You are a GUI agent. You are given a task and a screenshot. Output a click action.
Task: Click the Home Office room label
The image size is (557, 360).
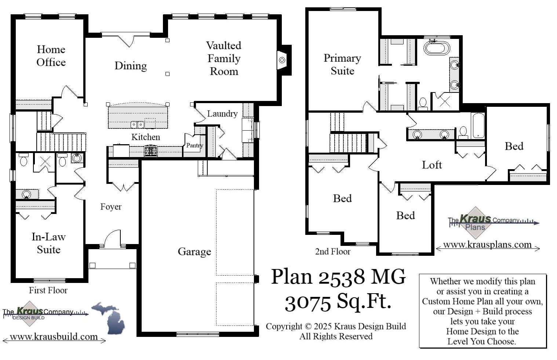click(51, 56)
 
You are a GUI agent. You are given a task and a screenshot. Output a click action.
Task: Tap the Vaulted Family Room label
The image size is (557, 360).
click(223, 58)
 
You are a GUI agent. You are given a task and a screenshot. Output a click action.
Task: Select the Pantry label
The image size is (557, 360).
click(194, 145)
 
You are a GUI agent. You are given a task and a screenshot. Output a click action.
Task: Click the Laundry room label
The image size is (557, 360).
click(222, 114)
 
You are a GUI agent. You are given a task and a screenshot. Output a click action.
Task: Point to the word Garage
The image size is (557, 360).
click(194, 252)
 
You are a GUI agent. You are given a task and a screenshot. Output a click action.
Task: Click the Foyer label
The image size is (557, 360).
click(111, 207)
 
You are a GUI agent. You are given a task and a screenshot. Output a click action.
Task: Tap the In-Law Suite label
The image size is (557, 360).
click(48, 243)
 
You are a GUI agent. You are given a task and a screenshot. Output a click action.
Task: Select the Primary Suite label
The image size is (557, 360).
click(342, 64)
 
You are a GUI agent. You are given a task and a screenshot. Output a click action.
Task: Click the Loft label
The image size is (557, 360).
click(432, 165)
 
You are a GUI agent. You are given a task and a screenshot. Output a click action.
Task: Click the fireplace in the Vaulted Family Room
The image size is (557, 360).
click(282, 60)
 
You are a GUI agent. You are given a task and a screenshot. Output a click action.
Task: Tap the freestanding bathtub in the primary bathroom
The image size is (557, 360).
click(436, 48)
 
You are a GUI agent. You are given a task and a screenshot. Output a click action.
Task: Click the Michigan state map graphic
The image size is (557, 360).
click(109, 318)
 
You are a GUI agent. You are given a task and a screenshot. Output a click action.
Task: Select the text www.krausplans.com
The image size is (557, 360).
click(487, 245)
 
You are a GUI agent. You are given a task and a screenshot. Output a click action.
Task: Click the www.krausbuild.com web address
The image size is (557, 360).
click(54, 337)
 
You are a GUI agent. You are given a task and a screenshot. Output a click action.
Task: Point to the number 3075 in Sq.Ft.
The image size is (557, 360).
click(307, 302)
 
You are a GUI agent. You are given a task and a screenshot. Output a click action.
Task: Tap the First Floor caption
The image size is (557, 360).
click(48, 290)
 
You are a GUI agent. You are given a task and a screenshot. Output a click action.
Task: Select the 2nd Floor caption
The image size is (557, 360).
click(332, 252)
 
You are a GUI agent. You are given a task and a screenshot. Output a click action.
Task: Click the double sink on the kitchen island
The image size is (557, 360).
click(138, 125)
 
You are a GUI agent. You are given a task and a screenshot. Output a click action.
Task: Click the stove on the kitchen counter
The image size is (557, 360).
click(150, 150)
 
